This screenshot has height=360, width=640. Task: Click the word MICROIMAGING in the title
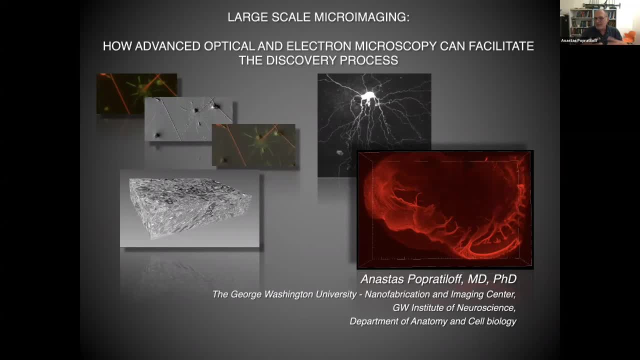(362, 17)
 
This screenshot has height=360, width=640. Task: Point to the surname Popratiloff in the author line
(435, 279)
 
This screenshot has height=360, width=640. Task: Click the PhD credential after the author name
(505, 279)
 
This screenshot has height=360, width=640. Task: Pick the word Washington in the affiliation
(288, 294)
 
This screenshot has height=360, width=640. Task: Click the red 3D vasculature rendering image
(445, 209)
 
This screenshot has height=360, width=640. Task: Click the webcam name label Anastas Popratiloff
(579, 40)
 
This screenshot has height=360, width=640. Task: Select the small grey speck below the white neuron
(339, 153)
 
